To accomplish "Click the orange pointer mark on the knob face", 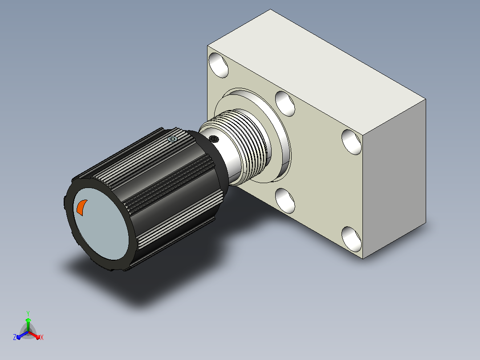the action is (81, 207).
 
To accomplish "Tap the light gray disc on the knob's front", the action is (101, 224).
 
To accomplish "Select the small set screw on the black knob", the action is (172, 139).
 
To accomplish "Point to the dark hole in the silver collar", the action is (214, 139).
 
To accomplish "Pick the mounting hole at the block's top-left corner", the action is (219, 65).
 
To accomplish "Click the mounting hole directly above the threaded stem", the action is (285, 103).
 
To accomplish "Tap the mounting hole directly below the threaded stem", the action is (285, 200).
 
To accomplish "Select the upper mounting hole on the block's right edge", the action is (351, 142).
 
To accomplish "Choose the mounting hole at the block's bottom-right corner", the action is (351, 239).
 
